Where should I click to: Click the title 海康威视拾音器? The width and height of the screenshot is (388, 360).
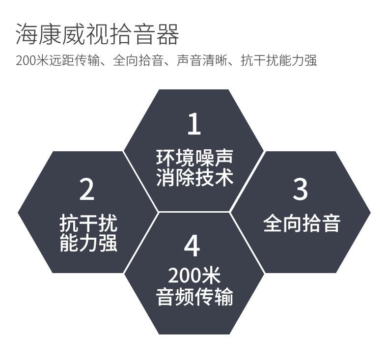tap(97, 33)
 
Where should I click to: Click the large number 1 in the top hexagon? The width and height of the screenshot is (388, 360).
tap(194, 124)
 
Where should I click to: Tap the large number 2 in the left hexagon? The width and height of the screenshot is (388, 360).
tap(87, 189)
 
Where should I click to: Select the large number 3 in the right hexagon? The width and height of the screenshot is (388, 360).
tap(300, 189)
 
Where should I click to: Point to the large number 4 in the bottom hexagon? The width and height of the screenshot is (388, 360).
tap(193, 246)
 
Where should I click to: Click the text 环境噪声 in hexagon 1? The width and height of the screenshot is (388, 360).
tap(194, 158)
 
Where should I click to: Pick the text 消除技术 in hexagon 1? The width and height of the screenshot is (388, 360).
tap(194, 178)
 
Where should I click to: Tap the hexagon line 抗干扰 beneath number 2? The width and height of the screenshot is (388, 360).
tap(88, 223)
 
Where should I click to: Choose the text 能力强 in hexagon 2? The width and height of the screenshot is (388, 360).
tap(88, 243)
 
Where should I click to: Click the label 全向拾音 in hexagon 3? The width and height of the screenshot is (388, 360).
tap(302, 223)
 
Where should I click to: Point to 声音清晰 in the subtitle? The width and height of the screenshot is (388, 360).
tap(201, 61)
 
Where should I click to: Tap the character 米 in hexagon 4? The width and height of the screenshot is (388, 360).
tap(211, 276)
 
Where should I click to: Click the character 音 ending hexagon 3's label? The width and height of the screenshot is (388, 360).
tap(331, 223)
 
